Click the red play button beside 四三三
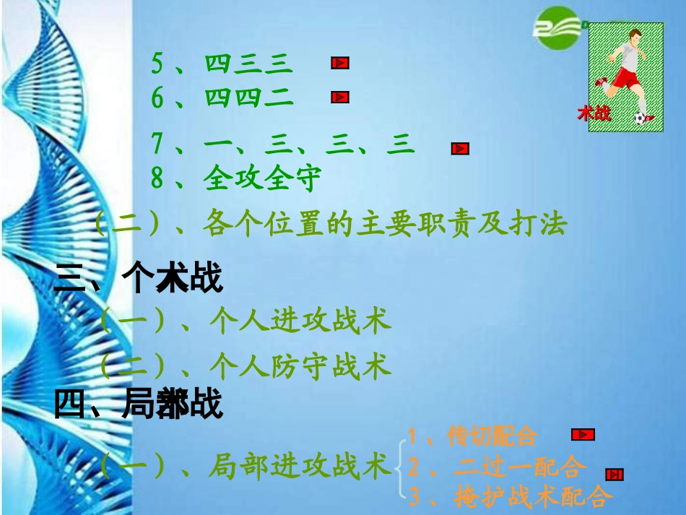(x=340, y=64)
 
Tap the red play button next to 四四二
(x=340, y=97)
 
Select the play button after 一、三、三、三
(x=460, y=149)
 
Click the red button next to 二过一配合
(x=615, y=475)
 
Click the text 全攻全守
(x=261, y=178)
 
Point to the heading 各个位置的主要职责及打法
(x=386, y=224)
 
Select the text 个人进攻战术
(x=300, y=320)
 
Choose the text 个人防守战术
(x=300, y=366)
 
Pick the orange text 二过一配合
(x=519, y=467)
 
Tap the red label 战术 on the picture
(x=594, y=113)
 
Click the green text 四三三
(x=248, y=64)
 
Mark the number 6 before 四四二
(x=157, y=98)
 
